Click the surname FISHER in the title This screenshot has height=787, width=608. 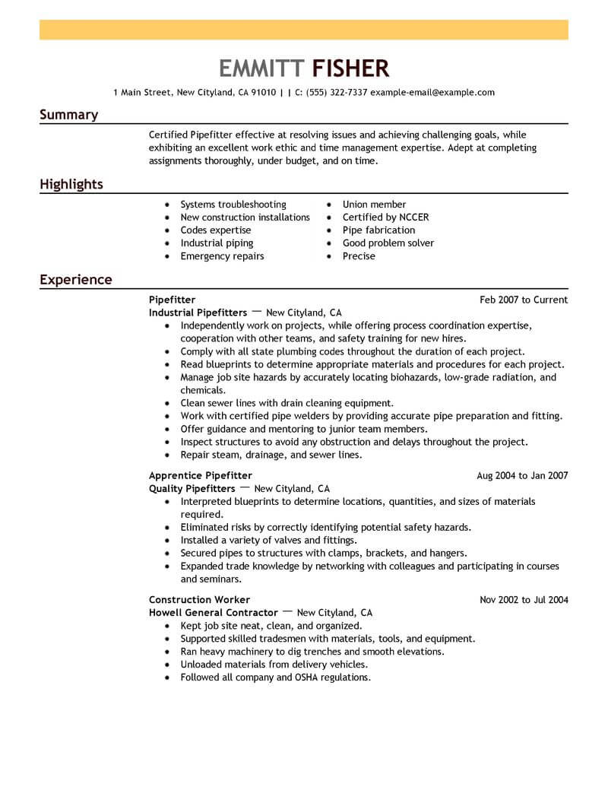(350, 68)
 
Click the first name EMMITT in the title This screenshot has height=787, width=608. (261, 68)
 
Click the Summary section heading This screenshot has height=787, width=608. (68, 115)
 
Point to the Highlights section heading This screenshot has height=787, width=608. (71, 185)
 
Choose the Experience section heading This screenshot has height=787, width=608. (75, 280)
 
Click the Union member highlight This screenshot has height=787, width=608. (374, 205)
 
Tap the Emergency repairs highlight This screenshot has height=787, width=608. (222, 256)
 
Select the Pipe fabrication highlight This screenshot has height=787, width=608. (378, 230)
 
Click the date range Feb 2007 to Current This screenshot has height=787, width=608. (524, 300)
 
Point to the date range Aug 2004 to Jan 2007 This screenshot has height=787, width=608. (522, 476)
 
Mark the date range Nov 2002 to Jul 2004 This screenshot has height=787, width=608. (524, 600)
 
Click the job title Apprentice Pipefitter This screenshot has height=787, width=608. (201, 476)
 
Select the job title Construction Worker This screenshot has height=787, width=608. (199, 600)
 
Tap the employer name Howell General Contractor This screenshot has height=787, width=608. (213, 612)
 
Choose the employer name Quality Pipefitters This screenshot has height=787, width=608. (192, 488)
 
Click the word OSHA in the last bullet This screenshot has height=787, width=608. (308, 677)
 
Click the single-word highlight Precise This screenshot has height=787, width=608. (359, 256)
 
